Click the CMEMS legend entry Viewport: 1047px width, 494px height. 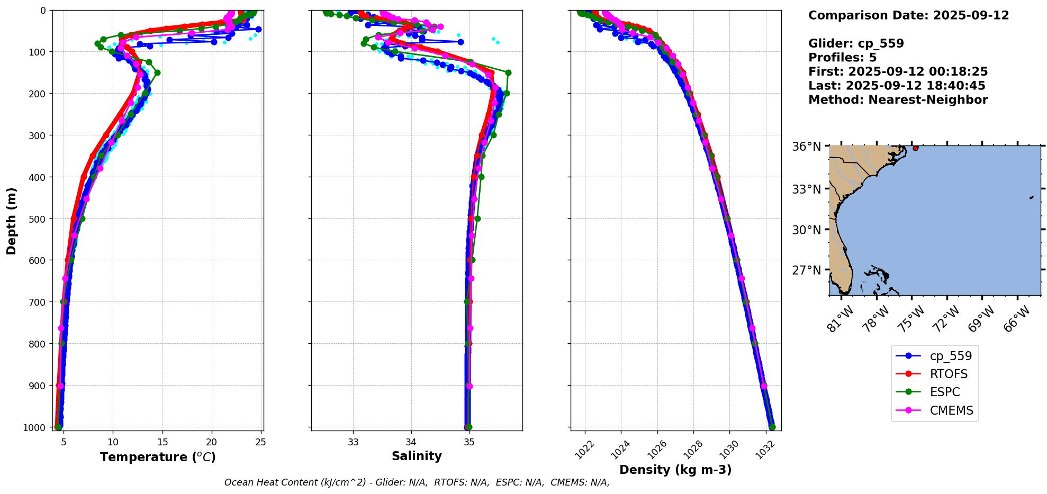click(x=951, y=410)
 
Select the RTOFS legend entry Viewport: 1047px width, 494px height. click(x=949, y=374)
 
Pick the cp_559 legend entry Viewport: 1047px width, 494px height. click(x=951, y=356)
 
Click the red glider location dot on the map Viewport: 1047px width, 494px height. click(x=915, y=148)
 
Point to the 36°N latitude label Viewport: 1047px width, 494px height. click(x=806, y=146)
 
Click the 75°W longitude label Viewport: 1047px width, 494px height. click(x=912, y=319)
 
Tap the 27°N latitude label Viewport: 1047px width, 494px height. click(x=806, y=270)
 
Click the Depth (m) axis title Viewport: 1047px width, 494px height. click(x=12, y=221)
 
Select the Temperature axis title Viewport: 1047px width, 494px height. click(x=158, y=457)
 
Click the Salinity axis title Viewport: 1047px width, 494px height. click(x=417, y=456)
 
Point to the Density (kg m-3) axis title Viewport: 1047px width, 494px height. click(x=675, y=470)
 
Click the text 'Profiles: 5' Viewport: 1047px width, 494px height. click(x=842, y=58)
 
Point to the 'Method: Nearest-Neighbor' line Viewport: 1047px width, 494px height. click(x=898, y=100)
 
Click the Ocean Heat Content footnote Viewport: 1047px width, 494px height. click(x=417, y=482)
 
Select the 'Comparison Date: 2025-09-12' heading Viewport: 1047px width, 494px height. click(x=908, y=15)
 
